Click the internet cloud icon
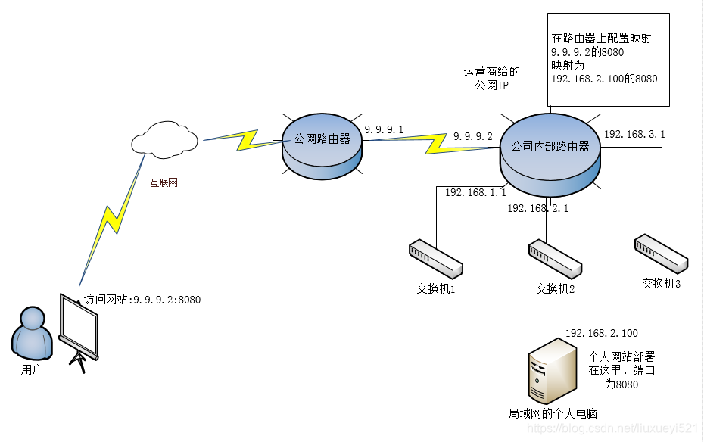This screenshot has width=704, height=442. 164,139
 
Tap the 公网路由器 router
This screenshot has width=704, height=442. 322,147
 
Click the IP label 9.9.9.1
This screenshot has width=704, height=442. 384,130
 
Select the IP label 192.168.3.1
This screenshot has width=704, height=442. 634,134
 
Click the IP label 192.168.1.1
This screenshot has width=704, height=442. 475,193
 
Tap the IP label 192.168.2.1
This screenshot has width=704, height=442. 537,208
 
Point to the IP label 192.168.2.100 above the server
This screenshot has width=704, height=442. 601,333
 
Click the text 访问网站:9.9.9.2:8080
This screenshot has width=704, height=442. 142,300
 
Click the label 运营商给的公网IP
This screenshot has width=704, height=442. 492,79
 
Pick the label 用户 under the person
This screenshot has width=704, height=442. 32,371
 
